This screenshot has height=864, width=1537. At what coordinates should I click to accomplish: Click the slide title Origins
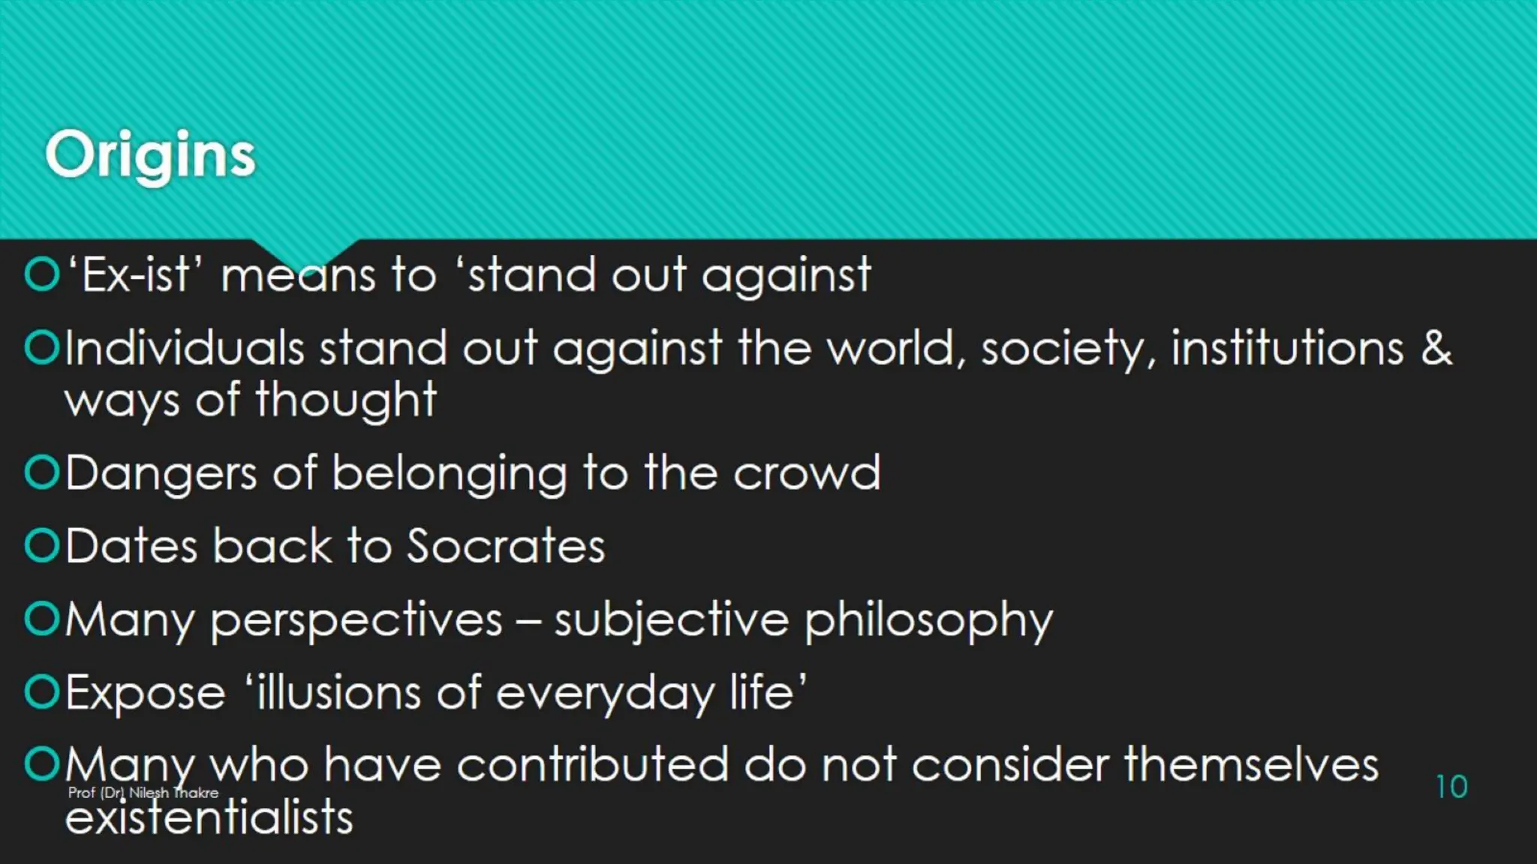150,155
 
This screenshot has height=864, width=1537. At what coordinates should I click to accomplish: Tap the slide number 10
1451,787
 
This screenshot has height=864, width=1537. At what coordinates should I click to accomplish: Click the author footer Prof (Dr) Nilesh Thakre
143,793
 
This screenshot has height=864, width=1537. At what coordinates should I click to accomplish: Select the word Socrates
506,545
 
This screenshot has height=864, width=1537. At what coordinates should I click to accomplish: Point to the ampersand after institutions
1436,348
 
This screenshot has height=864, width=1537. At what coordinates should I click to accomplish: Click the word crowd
806,473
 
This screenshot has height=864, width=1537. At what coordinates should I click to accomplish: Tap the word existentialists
209,817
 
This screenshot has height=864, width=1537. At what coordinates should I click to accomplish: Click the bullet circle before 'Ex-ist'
41,274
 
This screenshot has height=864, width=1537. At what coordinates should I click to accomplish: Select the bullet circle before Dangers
41,472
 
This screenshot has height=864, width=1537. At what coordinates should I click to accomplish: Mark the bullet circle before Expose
41,691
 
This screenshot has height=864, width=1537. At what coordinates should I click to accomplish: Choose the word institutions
1286,348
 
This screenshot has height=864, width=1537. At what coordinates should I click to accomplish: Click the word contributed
591,765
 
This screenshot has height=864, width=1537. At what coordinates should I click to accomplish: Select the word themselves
1251,765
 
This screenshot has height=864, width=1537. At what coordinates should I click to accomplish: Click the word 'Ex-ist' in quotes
135,274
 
